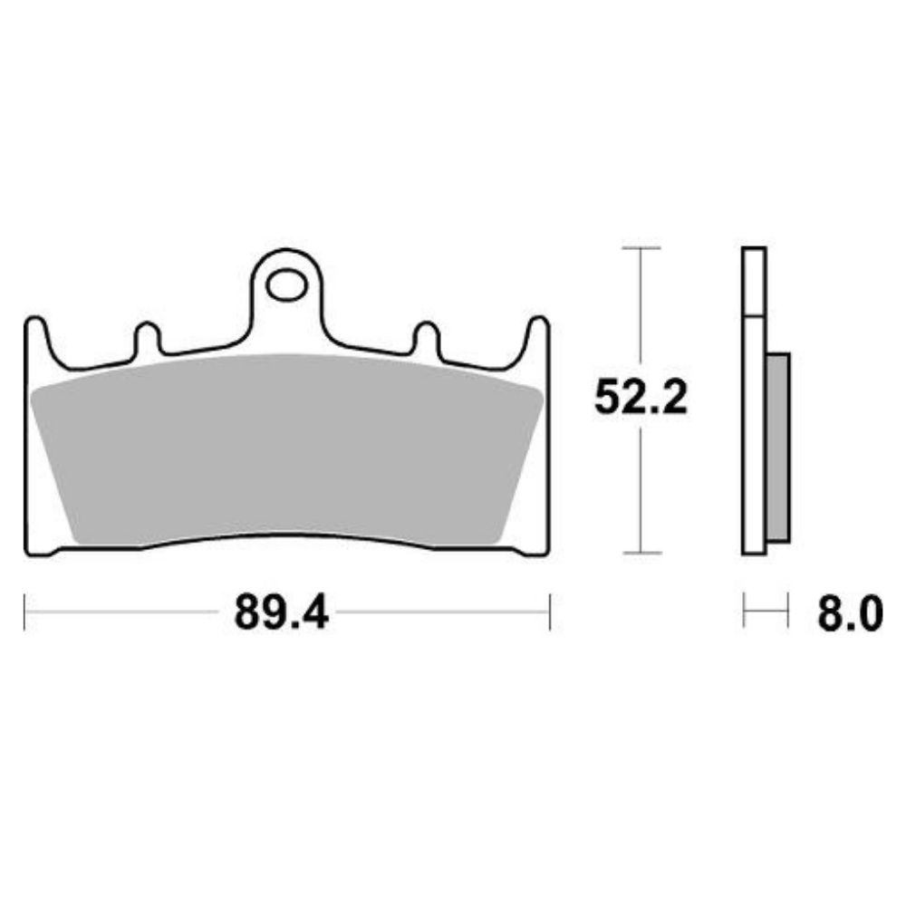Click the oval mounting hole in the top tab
tap(286, 285)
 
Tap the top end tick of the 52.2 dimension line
tap(641, 247)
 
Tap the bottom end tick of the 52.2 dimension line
tap(641, 553)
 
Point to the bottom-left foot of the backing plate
tap(41, 549)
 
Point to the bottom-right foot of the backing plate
tap(533, 549)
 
